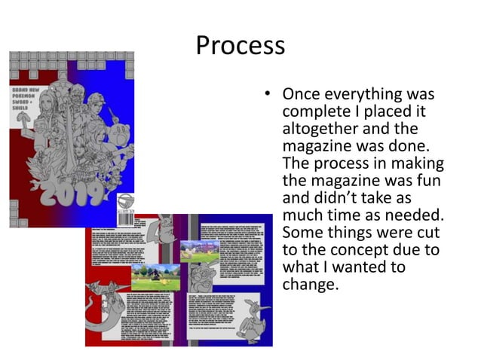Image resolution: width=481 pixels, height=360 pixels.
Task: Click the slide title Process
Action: coord(240,46)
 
